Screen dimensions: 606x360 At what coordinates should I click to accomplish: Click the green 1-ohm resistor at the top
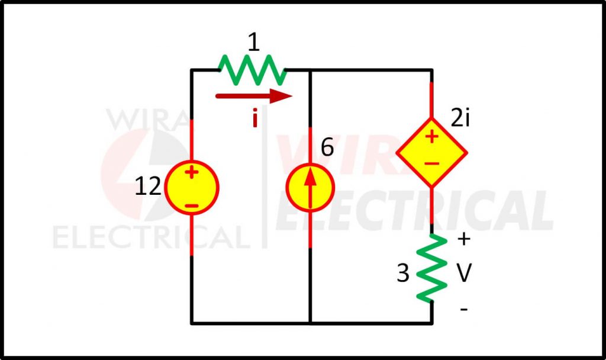tap(252, 70)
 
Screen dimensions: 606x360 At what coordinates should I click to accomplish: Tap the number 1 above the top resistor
tap(253, 42)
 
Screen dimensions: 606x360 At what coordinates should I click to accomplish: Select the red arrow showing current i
tap(254, 96)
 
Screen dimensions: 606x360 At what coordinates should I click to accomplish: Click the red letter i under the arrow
tap(254, 118)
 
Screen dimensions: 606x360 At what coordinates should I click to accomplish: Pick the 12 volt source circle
tap(192, 188)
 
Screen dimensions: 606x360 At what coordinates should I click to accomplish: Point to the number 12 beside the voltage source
tap(148, 187)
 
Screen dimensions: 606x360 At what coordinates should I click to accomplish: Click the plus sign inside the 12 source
tap(191, 172)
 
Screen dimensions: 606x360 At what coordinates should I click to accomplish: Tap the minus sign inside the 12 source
tap(191, 205)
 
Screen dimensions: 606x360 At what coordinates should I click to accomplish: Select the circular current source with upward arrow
tap(310, 188)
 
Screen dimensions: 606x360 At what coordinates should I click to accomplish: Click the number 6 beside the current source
tap(327, 147)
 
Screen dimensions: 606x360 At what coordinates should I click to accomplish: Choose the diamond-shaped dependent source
tap(431, 153)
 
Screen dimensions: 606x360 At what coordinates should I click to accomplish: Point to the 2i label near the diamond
tap(460, 118)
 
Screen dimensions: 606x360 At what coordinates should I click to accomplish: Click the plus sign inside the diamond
tap(431, 137)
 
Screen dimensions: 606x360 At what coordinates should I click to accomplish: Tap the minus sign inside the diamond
tap(431, 163)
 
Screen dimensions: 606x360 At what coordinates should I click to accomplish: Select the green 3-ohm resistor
tap(431, 268)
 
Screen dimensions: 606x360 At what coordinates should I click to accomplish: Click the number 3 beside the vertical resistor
tap(402, 273)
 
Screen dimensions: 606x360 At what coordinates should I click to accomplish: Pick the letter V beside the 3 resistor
tap(464, 273)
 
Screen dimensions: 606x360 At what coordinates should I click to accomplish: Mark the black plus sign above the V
tap(464, 239)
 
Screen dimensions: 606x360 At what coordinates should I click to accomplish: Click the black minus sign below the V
tap(464, 309)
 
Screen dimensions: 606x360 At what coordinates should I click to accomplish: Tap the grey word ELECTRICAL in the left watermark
tap(152, 237)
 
